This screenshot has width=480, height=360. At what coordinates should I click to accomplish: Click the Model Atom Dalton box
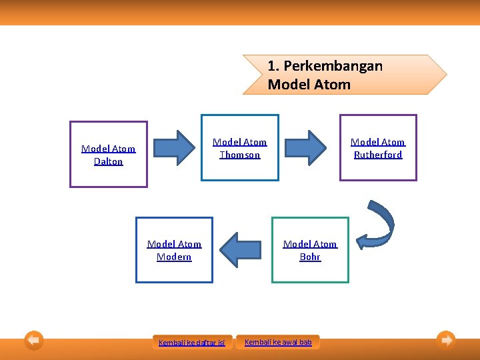(109, 154)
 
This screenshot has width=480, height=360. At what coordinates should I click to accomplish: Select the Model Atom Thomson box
(240, 148)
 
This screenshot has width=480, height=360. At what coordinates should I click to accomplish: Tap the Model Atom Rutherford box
(378, 148)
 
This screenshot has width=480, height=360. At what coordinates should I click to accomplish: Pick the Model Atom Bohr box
(310, 250)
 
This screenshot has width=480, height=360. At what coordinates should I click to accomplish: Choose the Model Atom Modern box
(174, 250)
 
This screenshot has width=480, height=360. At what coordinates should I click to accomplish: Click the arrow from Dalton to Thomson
(176, 147)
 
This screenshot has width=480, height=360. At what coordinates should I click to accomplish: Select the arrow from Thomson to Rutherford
(309, 147)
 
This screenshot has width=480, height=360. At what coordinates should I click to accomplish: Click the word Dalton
(109, 161)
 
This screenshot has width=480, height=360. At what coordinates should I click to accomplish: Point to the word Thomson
(240, 155)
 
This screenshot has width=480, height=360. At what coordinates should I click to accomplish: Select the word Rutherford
(378, 155)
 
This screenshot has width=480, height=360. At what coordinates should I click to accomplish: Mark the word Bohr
(310, 257)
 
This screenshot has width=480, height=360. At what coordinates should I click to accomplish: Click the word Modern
(174, 257)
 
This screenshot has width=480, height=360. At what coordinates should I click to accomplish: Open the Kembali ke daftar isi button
(192, 343)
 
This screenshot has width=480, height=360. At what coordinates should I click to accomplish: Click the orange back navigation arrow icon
(34, 341)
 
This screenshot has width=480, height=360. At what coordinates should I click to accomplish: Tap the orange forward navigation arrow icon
(446, 341)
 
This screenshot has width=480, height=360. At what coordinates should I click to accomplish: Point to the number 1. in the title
(273, 66)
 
